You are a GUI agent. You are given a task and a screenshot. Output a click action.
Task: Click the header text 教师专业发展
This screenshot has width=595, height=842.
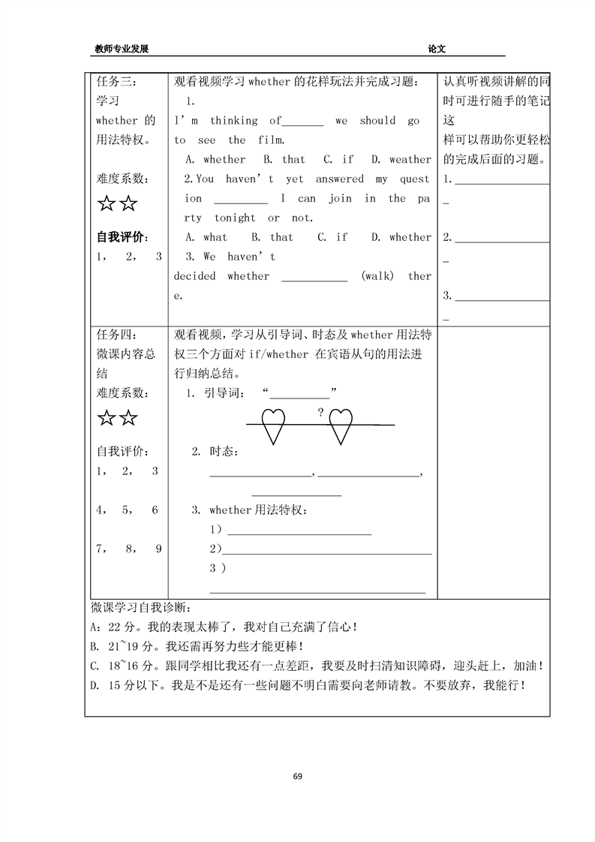pyautogui.click(x=122, y=49)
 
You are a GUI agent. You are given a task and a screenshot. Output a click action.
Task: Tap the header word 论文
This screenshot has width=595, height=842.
pyautogui.click(x=437, y=49)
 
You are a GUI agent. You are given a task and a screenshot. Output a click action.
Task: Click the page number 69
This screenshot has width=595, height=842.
pyautogui.click(x=298, y=774)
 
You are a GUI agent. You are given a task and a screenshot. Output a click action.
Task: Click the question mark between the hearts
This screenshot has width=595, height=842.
pyautogui.click(x=320, y=412)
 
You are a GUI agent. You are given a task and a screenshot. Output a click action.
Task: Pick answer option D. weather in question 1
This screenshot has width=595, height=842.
pyautogui.click(x=401, y=159)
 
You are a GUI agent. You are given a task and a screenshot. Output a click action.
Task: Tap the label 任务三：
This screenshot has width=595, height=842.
pyautogui.click(x=117, y=82)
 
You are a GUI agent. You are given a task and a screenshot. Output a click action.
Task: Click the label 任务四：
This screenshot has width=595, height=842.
pyautogui.click(x=117, y=335)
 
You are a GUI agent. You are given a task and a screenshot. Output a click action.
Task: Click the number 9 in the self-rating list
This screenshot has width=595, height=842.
pyautogui.click(x=159, y=549)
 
